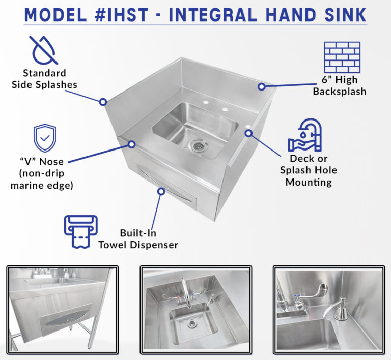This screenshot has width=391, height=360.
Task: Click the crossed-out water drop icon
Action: click(44, 49)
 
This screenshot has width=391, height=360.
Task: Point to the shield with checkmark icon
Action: click(44, 137)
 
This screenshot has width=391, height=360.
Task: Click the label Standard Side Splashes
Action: click(44, 79)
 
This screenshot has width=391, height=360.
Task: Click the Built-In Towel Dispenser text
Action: click(138, 239)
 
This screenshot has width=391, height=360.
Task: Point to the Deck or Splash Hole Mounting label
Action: click(309, 170)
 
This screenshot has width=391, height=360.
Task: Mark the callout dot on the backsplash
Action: click(261, 86)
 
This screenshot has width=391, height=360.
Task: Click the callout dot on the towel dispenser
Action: click(161, 191)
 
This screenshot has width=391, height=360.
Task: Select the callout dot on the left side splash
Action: click(103, 102)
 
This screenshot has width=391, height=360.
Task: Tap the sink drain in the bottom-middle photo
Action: click(191, 322)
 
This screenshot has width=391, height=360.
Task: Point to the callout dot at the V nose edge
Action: click(131, 144)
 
